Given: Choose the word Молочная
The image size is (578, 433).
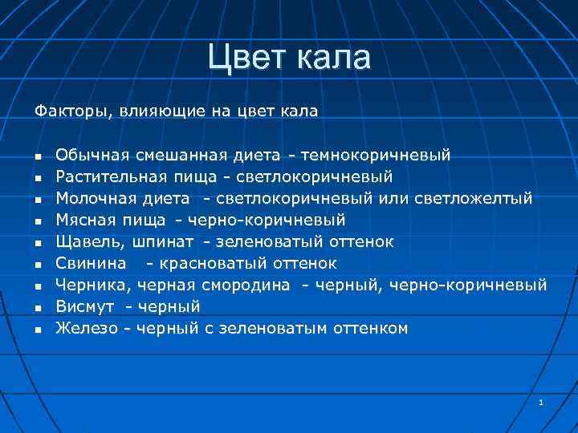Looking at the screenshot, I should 91,197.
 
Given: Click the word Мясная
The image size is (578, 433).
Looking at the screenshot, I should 82,219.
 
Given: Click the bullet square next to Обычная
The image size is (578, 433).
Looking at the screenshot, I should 37,155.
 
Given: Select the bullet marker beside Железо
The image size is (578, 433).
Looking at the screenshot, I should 37,329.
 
